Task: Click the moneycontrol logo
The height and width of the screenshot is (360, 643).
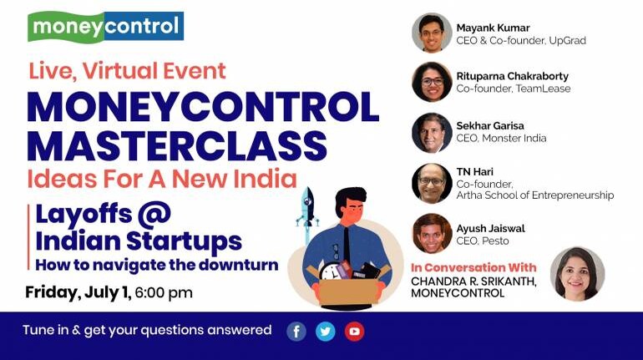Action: (x=105, y=26)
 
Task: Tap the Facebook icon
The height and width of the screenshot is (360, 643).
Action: (x=296, y=332)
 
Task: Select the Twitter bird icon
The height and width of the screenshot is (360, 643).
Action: (x=326, y=332)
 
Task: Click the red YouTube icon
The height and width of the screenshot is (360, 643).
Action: (x=355, y=332)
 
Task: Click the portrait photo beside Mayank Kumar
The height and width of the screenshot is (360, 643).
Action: (x=432, y=33)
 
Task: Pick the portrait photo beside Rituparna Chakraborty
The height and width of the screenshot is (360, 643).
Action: (x=432, y=82)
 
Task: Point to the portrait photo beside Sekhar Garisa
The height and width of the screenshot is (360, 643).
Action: (x=432, y=133)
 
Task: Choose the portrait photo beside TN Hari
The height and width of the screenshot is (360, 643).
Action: (x=432, y=183)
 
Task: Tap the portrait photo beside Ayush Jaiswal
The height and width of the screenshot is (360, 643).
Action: (x=432, y=233)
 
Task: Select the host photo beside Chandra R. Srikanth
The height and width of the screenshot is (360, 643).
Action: (x=577, y=274)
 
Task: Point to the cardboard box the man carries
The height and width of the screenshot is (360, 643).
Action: (x=348, y=289)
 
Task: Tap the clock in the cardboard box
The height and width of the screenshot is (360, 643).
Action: (x=331, y=271)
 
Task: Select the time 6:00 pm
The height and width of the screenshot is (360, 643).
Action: (x=164, y=292)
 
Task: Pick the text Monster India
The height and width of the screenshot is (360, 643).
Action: (x=514, y=138)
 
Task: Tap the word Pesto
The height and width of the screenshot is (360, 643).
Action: (x=496, y=241)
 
